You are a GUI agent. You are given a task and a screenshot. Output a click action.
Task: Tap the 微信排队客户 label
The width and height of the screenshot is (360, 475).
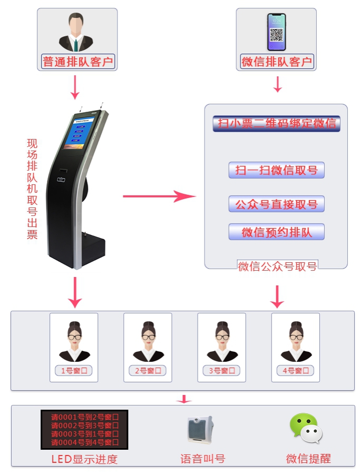tap(277, 62)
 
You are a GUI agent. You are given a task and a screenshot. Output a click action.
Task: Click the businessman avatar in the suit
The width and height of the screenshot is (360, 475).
tap(77, 33)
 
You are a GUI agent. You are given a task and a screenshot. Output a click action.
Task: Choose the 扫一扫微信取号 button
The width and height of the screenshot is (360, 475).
tap(276, 170)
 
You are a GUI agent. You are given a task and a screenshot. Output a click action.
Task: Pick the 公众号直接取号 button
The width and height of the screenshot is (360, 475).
tap(276, 204)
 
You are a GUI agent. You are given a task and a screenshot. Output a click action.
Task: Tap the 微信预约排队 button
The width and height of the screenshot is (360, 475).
tap(276, 232)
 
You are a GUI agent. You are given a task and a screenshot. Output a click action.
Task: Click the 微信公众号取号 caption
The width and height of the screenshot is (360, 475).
tap(277, 266)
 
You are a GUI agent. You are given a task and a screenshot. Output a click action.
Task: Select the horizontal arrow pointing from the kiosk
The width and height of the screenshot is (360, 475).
tap(159, 196)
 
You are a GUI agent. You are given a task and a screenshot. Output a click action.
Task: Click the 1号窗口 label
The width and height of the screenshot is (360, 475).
tap(74, 371)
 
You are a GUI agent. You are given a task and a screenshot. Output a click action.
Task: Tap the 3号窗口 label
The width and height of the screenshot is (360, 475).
tap(221, 371)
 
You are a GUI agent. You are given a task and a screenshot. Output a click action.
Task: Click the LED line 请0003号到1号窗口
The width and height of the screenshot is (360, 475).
tap(84, 434)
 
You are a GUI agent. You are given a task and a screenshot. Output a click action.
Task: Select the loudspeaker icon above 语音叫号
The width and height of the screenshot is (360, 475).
tap(200, 429)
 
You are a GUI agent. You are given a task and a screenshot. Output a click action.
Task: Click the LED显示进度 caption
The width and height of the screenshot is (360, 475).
tap(84, 459)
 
